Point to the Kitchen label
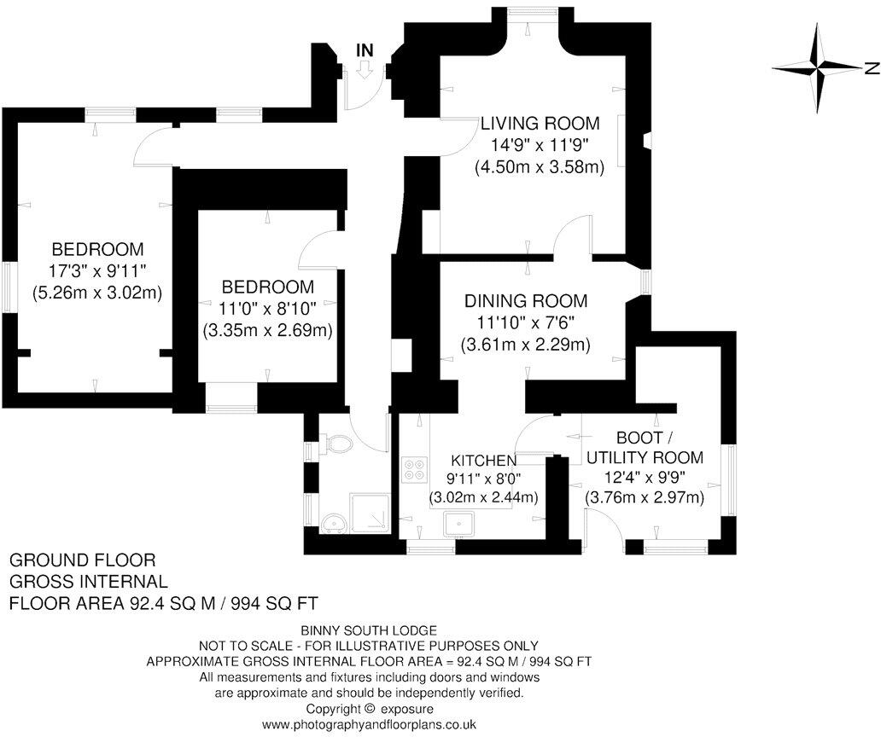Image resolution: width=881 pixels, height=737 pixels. click(x=484, y=459)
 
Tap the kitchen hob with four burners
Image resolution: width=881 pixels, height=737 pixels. click(x=416, y=469)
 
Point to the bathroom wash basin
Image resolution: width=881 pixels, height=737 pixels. click(x=332, y=522)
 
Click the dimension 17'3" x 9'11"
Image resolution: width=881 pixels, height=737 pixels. click(x=98, y=271)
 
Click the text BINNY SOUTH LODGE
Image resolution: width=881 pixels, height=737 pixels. click(x=369, y=630)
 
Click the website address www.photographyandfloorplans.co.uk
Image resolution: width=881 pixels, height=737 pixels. click(x=369, y=724)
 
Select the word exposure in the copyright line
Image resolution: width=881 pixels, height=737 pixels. click(x=406, y=708)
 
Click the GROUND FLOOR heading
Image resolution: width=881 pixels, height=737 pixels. click(x=82, y=560)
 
